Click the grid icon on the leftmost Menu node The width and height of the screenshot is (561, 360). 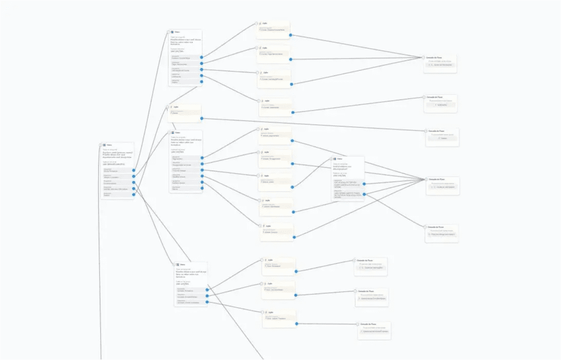click(104, 145)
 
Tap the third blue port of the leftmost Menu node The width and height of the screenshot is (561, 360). click(133, 182)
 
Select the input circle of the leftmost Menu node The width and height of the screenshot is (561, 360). click(100, 145)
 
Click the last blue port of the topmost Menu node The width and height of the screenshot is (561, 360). click(202, 81)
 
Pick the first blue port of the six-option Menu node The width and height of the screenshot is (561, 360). click(202, 158)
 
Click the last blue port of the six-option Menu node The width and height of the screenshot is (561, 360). click(202, 188)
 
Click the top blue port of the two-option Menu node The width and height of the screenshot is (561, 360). click(364, 183)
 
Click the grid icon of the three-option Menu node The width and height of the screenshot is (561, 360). click(177, 264)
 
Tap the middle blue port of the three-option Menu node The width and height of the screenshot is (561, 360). click(207, 296)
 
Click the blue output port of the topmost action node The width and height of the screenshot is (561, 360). click(290, 35)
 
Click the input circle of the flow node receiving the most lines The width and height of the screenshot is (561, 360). click(426, 179)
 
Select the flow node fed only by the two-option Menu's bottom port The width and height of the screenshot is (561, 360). click(441, 233)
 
